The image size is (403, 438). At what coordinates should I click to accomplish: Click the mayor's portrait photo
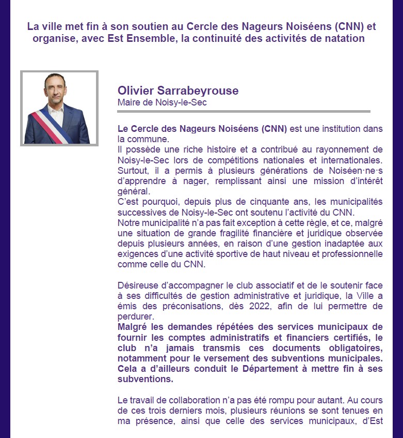59,108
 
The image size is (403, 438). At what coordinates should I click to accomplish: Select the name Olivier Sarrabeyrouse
178,91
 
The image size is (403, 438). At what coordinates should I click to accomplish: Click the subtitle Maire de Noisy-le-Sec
162,102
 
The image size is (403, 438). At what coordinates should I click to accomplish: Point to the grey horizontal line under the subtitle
244,111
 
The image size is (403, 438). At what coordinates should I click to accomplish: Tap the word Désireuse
136,284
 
